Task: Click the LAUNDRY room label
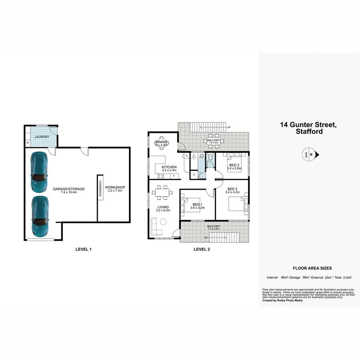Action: [x=42, y=137]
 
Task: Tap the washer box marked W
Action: [x=28, y=142]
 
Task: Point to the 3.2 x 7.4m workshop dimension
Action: [x=115, y=191]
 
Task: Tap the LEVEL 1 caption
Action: [x=84, y=249]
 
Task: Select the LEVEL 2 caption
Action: [x=202, y=249]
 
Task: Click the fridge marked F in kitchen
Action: [x=174, y=176]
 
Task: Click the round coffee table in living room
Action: [x=163, y=222]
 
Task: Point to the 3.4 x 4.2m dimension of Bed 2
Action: [x=233, y=193]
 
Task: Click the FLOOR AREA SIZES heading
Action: [x=312, y=268]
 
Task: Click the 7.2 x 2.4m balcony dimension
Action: [x=213, y=230]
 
